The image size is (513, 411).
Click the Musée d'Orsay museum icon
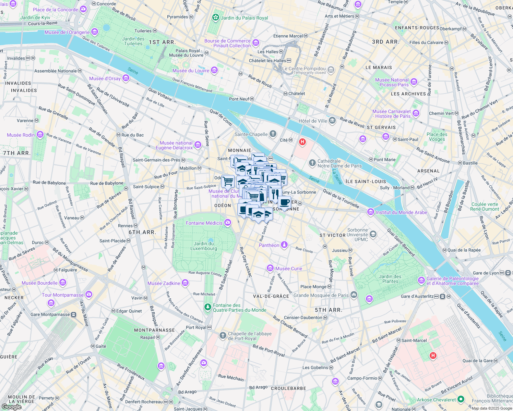[126, 78]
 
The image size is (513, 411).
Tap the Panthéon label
[269, 245]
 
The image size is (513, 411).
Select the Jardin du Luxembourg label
[204, 246]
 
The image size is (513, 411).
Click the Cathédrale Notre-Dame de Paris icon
[312, 163]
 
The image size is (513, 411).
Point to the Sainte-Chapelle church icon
[273, 134]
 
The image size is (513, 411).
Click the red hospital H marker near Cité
[302, 141]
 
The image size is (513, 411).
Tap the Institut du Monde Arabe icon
[370, 212]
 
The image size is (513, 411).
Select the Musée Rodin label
[21, 135]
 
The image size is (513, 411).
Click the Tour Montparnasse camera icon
[89, 294]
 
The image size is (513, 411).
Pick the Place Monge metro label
[313, 287]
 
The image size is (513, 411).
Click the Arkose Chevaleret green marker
[461, 399]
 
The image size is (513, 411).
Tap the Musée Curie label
[288, 269]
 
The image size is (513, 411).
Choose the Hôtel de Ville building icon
[332, 120]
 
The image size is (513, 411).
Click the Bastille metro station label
[470, 163]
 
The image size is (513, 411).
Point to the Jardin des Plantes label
[390, 279]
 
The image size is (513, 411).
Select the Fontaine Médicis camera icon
[228, 223]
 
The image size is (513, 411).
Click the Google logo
[11, 407]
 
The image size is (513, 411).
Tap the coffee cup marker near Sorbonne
[284, 202]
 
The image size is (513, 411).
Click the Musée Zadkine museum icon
[185, 283]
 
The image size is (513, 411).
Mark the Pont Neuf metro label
[239, 99]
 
